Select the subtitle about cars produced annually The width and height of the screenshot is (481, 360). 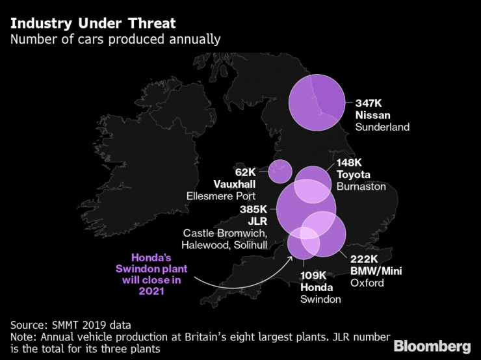tap(115, 40)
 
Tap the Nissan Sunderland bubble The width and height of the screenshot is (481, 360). tap(317, 103)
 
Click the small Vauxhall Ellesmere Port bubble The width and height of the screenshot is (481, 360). tap(280, 172)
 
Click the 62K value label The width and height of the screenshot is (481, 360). tap(246, 172)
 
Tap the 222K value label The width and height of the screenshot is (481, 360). tap(365, 259)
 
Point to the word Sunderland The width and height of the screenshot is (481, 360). tap(382, 127)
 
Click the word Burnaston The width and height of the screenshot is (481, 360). tap(361, 186)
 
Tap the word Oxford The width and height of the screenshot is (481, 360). tap(367, 283)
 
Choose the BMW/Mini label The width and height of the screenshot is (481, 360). tap(376, 270)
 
